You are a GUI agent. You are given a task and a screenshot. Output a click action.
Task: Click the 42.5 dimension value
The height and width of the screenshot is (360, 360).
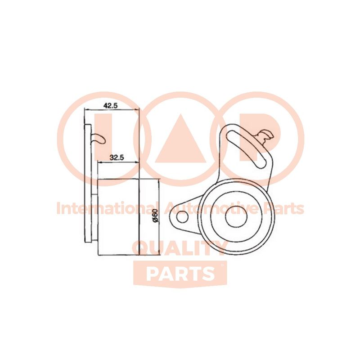pyautogui.click(x=111, y=106)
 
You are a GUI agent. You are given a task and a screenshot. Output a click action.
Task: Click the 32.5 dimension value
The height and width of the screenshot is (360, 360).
pyautogui.click(x=117, y=158)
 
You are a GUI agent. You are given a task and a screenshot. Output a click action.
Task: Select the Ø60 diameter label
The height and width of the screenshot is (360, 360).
pyautogui.click(x=155, y=216)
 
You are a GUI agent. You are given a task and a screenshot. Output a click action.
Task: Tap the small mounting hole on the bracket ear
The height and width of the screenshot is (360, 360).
pyautogui.click(x=182, y=217)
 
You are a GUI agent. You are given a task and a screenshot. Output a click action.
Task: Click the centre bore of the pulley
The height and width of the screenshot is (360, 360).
pyautogui.click(x=236, y=217)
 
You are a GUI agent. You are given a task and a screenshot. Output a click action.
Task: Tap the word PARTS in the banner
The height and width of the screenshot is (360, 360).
pyautogui.click(x=180, y=274)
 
